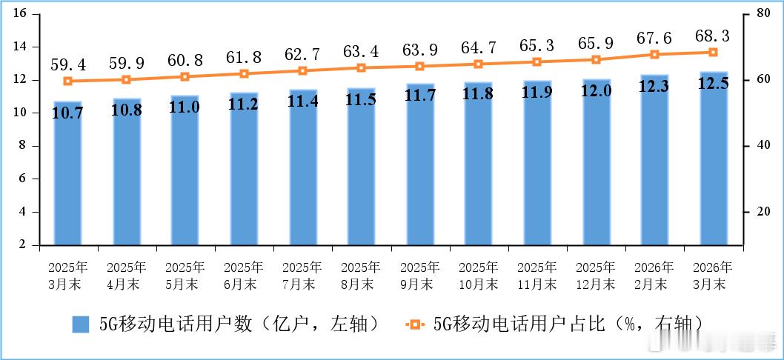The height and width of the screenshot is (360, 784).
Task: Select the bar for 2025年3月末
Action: pyautogui.click(x=67, y=178)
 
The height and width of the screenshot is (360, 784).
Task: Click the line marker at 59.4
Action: pyautogui.click(x=67, y=81)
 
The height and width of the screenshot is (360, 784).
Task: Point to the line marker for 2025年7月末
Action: pyautogui.click(x=302, y=70)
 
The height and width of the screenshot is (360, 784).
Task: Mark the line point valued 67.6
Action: pyautogui.click(x=654, y=54)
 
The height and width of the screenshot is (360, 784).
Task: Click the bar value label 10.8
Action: pyautogui.click(x=127, y=112)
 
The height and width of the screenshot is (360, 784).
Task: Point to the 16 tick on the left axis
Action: pyautogui.click(x=20, y=13)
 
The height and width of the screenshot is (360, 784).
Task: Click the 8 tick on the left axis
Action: pyautogui.click(x=24, y=145)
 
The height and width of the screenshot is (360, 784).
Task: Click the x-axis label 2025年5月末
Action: pyautogui.click(x=185, y=275)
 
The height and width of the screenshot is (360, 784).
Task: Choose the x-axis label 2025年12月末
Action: pyautogui.click(x=596, y=275)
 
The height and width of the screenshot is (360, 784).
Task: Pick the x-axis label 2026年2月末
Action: pyautogui.click(x=654, y=275)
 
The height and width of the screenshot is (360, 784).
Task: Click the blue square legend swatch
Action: pyautogui.click(x=81, y=324)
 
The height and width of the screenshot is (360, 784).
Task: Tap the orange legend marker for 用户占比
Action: pyautogui.click(x=414, y=324)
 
